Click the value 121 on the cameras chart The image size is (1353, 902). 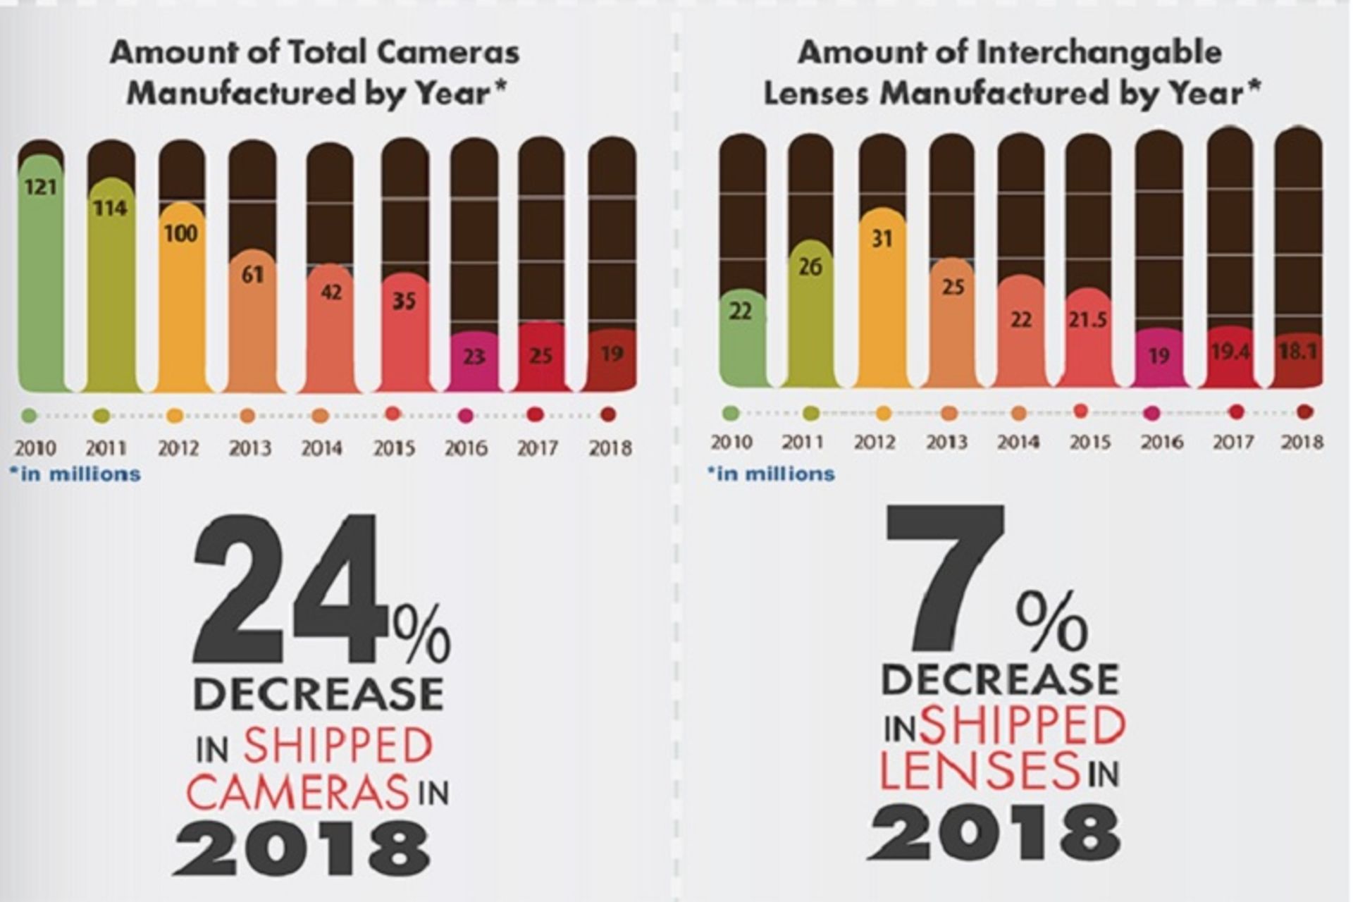coord(41,187)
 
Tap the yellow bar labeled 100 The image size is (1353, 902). coord(181,296)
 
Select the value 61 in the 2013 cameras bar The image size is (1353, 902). coord(252,274)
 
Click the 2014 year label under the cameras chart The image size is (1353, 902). coord(322,448)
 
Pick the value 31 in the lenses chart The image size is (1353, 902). coord(882,239)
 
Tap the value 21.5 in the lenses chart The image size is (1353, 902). coord(1087,321)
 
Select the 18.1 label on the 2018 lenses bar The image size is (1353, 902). coord(1299,351)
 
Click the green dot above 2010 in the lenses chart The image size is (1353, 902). coord(731,413)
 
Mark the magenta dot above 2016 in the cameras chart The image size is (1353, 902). coord(465,416)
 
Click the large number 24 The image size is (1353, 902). coord(289,591)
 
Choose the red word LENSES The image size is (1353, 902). coord(980,770)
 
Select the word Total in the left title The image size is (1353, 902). coord(323,53)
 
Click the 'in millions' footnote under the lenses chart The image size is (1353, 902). coord(771,474)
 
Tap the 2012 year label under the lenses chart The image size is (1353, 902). coord(875,443)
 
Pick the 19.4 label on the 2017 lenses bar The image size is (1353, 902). coord(1230,351)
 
